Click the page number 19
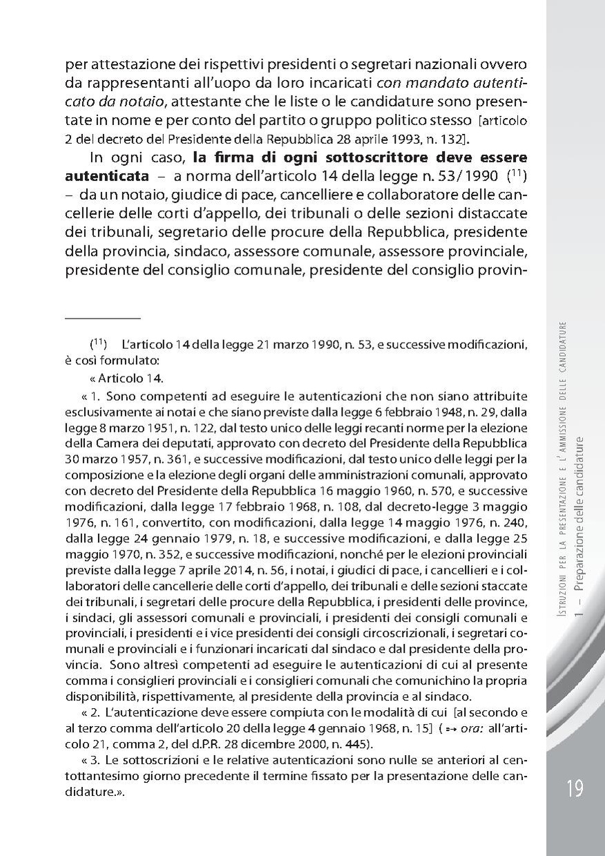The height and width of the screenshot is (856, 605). [575, 787]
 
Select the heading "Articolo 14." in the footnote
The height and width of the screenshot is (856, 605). [130, 379]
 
